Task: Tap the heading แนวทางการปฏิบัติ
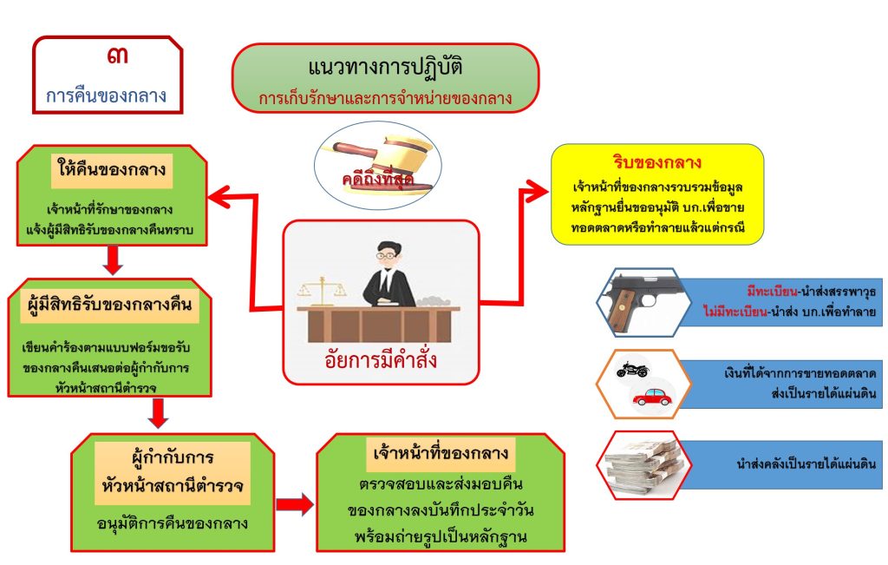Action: point(385,67)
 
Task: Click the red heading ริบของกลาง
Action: point(656,162)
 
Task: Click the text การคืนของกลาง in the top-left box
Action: point(108,95)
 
